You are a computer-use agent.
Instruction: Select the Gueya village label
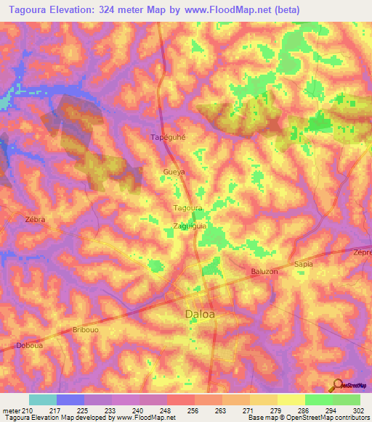tap(174, 173)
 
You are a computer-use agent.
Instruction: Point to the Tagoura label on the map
tap(187, 208)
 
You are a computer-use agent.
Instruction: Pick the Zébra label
tap(35, 219)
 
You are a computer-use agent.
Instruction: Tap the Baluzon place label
tap(264, 271)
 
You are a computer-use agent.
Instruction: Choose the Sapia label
tap(303, 264)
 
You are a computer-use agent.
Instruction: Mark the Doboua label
tap(28, 346)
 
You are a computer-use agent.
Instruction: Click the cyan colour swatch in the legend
tap(42, 400)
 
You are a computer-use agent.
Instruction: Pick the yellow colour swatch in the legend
tap(291, 400)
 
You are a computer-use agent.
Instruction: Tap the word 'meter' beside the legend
tap(10, 411)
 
